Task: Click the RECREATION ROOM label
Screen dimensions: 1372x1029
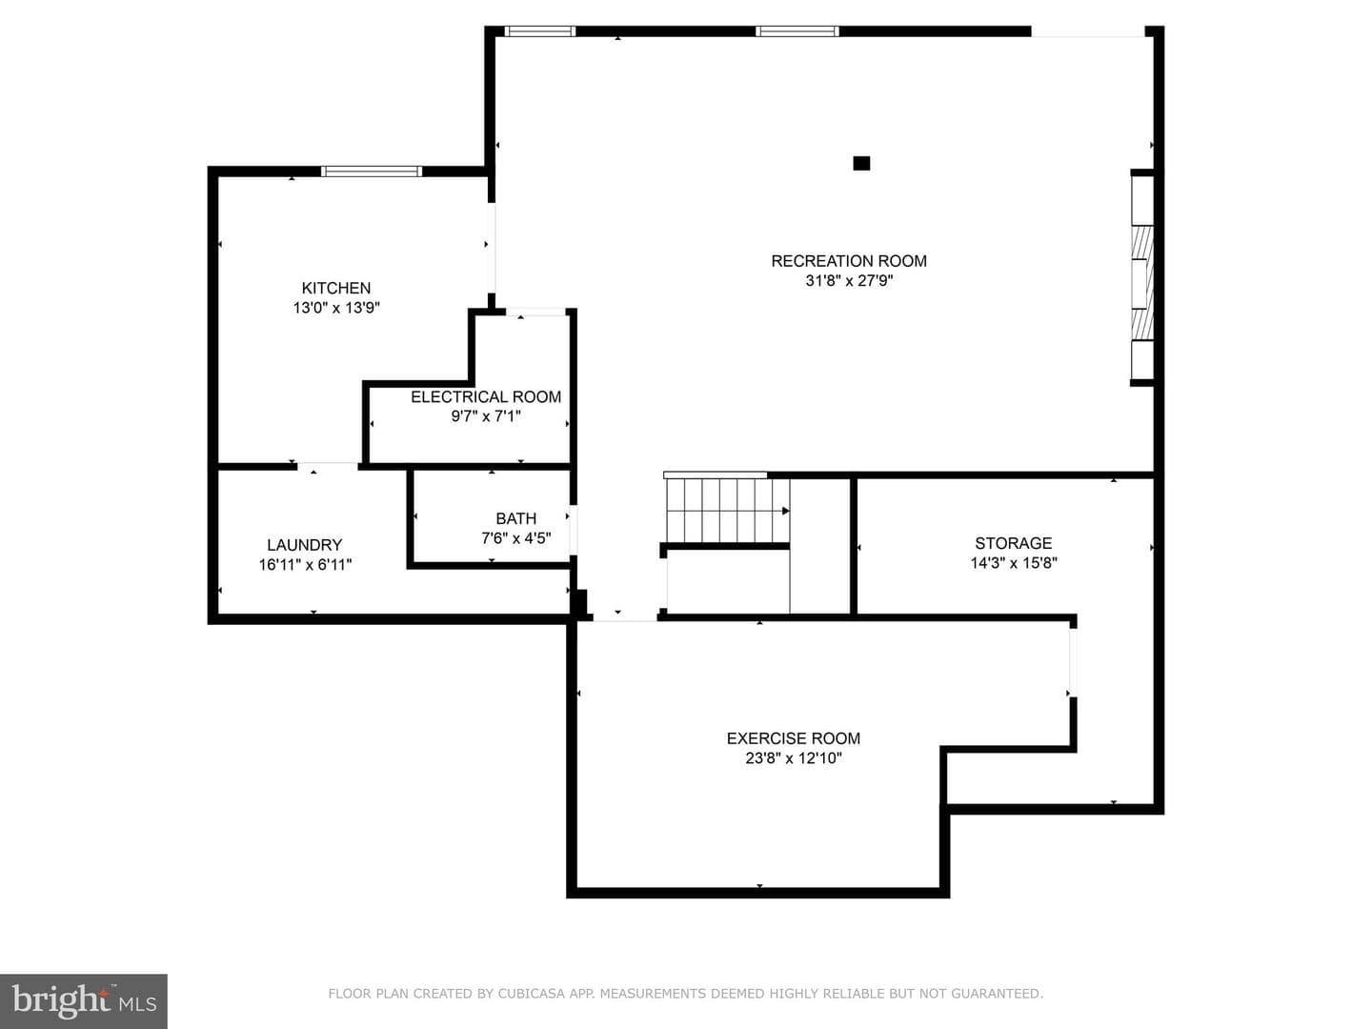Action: (x=848, y=261)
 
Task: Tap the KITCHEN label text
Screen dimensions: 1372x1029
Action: (x=336, y=288)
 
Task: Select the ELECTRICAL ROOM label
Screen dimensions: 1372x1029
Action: (x=486, y=396)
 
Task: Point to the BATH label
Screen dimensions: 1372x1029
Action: (x=515, y=518)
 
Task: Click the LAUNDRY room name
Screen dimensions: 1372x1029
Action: (x=304, y=545)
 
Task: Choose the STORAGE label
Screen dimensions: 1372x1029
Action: (x=1013, y=543)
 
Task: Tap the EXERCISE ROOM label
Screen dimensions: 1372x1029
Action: (x=794, y=738)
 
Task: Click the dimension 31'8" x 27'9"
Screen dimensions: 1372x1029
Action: (x=849, y=280)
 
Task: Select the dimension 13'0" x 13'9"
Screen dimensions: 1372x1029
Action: (x=336, y=308)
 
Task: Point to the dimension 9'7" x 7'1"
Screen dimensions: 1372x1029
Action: (x=486, y=416)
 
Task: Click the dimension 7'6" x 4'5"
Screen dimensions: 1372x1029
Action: (x=515, y=538)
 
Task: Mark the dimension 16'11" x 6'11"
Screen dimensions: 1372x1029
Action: (x=305, y=565)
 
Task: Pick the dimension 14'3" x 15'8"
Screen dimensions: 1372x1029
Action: (x=1013, y=563)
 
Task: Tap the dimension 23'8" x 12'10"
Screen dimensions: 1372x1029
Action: (x=794, y=758)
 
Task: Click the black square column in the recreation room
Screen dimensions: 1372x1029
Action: (x=861, y=163)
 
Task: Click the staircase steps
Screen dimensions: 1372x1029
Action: (x=727, y=511)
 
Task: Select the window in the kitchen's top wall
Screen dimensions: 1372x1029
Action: (x=372, y=171)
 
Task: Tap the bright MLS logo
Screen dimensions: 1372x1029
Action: (x=84, y=1000)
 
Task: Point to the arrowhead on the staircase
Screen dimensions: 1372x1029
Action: (x=786, y=511)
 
